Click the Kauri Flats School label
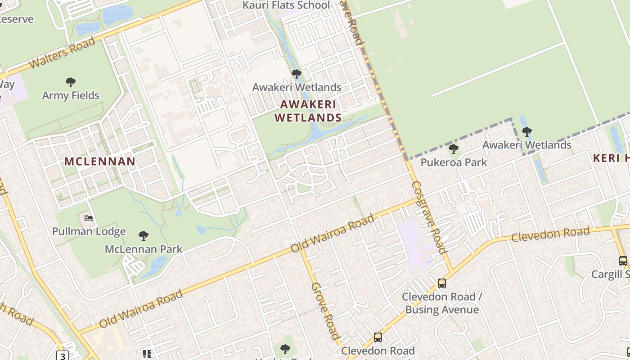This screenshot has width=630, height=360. pos(286,5)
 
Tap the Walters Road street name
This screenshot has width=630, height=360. pos(62,53)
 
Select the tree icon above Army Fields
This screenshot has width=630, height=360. pos(70,82)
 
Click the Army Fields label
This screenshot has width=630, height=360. pos(71,95)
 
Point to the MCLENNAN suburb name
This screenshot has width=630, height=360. pos(100,162)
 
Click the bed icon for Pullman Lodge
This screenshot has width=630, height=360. pos(89,219)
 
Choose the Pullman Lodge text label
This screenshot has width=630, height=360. pos(89,232)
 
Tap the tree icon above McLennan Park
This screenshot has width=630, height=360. pos(144,235)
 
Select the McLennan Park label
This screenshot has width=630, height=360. pos(144,249)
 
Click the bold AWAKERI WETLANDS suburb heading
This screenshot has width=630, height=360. pos(308,111)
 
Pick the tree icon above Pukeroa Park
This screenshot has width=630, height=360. pos(454,149)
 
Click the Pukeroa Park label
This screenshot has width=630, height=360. pos(454,162)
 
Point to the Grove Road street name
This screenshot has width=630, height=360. pos(325,310)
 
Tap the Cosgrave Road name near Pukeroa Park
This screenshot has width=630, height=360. pos(428,217)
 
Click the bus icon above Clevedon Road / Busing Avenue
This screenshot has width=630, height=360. pos(442,283)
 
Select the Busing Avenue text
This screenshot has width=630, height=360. pos(442,310)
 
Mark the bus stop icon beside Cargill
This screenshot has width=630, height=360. pos(623,261)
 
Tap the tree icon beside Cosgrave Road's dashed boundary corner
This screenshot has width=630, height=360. pos(526,132)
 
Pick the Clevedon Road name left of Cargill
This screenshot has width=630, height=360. pos(550,234)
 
